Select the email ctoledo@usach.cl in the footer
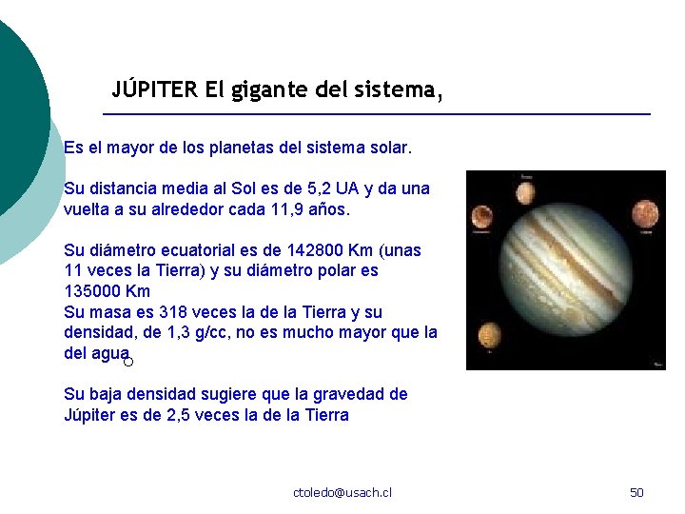(342, 492)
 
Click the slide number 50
(637, 492)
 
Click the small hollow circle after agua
(128, 362)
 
